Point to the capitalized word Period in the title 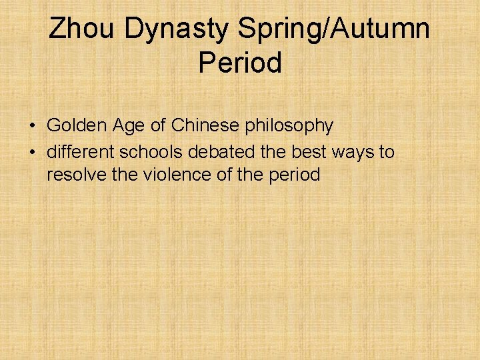click(240, 63)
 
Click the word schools click(151, 152)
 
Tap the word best click(306, 152)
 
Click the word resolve click(75, 175)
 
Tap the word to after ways click(387, 152)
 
